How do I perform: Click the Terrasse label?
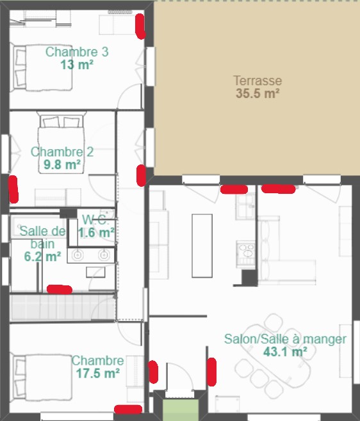tap(258, 81)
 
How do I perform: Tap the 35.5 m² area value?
tap(258, 93)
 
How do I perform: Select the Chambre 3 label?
tap(77, 52)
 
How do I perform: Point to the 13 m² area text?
tap(77, 65)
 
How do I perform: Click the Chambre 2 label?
tap(62, 152)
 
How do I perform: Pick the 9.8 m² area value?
tap(62, 164)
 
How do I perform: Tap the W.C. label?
tap(95, 220)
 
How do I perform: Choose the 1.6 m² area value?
tap(96, 232)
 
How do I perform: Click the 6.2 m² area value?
tap(42, 257)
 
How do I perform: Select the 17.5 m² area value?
tap(98, 373)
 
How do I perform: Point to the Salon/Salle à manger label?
tap(285, 339)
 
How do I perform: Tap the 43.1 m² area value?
tap(285, 352)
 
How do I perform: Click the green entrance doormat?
tap(181, 409)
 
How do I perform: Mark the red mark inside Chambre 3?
tap(140, 26)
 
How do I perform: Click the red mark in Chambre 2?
tap(13, 189)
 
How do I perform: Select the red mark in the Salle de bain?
tap(60, 289)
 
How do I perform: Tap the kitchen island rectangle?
tap(202, 246)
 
